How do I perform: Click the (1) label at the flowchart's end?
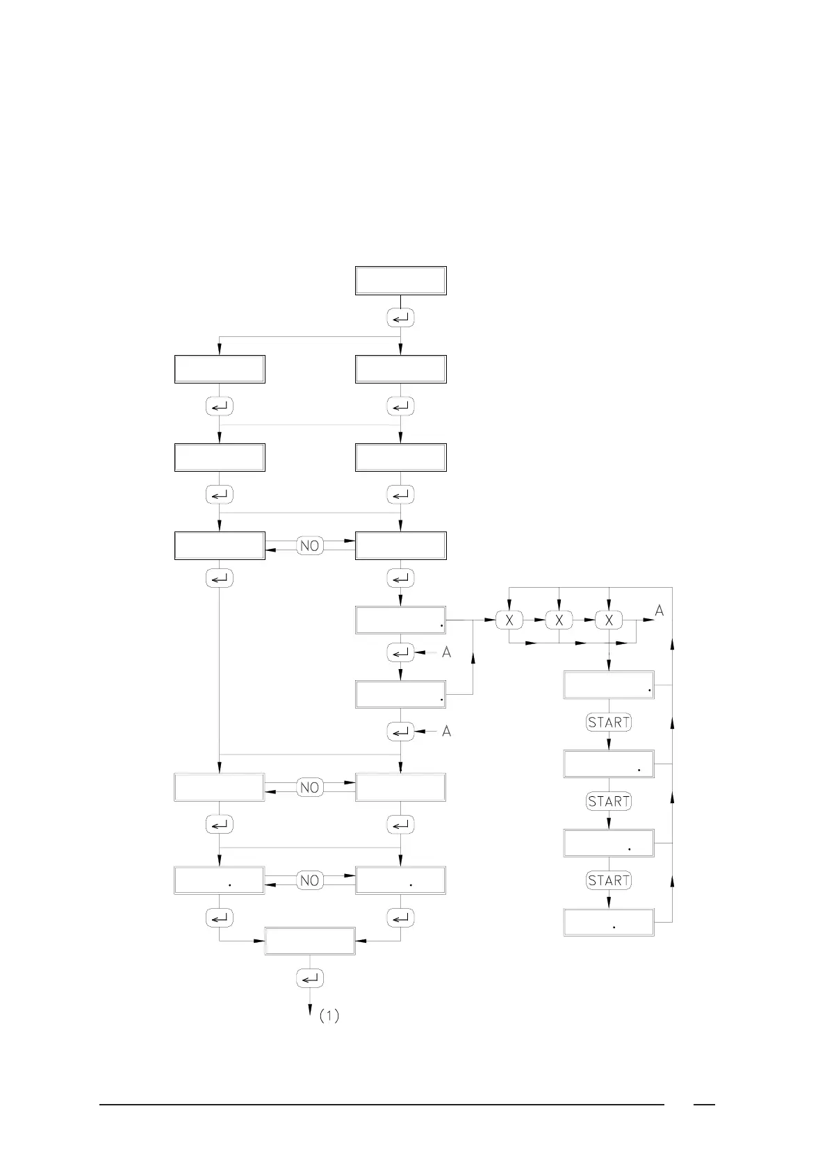pyautogui.click(x=329, y=1016)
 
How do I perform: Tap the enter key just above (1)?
pyautogui.click(x=310, y=978)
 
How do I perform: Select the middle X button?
pyautogui.click(x=559, y=620)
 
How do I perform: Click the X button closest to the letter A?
pyautogui.click(x=609, y=620)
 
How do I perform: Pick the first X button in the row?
pyautogui.click(x=509, y=620)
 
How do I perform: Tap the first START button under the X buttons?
pyautogui.click(x=609, y=723)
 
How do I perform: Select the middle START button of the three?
pyautogui.click(x=609, y=801)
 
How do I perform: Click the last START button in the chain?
pyautogui.click(x=609, y=880)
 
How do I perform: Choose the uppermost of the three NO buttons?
pyautogui.click(x=310, y=546)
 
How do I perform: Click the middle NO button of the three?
pyautogui.click(x=310, y=787)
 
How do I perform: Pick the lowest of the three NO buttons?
pyautogui.click(x=310, y=880)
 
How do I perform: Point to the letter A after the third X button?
pyautogui.click(x=660, y=611)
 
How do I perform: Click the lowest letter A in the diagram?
pyautogui.click(x=447, y=731)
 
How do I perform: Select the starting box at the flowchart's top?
pyautogui.click(x=400, y=281)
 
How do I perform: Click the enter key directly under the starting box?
pyautogui.click(x=400, y=318)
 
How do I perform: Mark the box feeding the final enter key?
pyautogui.click(x=310, y=941)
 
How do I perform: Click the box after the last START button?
pyautogui.click(x=609, y=922)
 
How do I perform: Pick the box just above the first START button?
pyautogui.click(x=609, y=685)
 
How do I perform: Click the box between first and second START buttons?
pyautogui.click(x=609, y=764)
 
